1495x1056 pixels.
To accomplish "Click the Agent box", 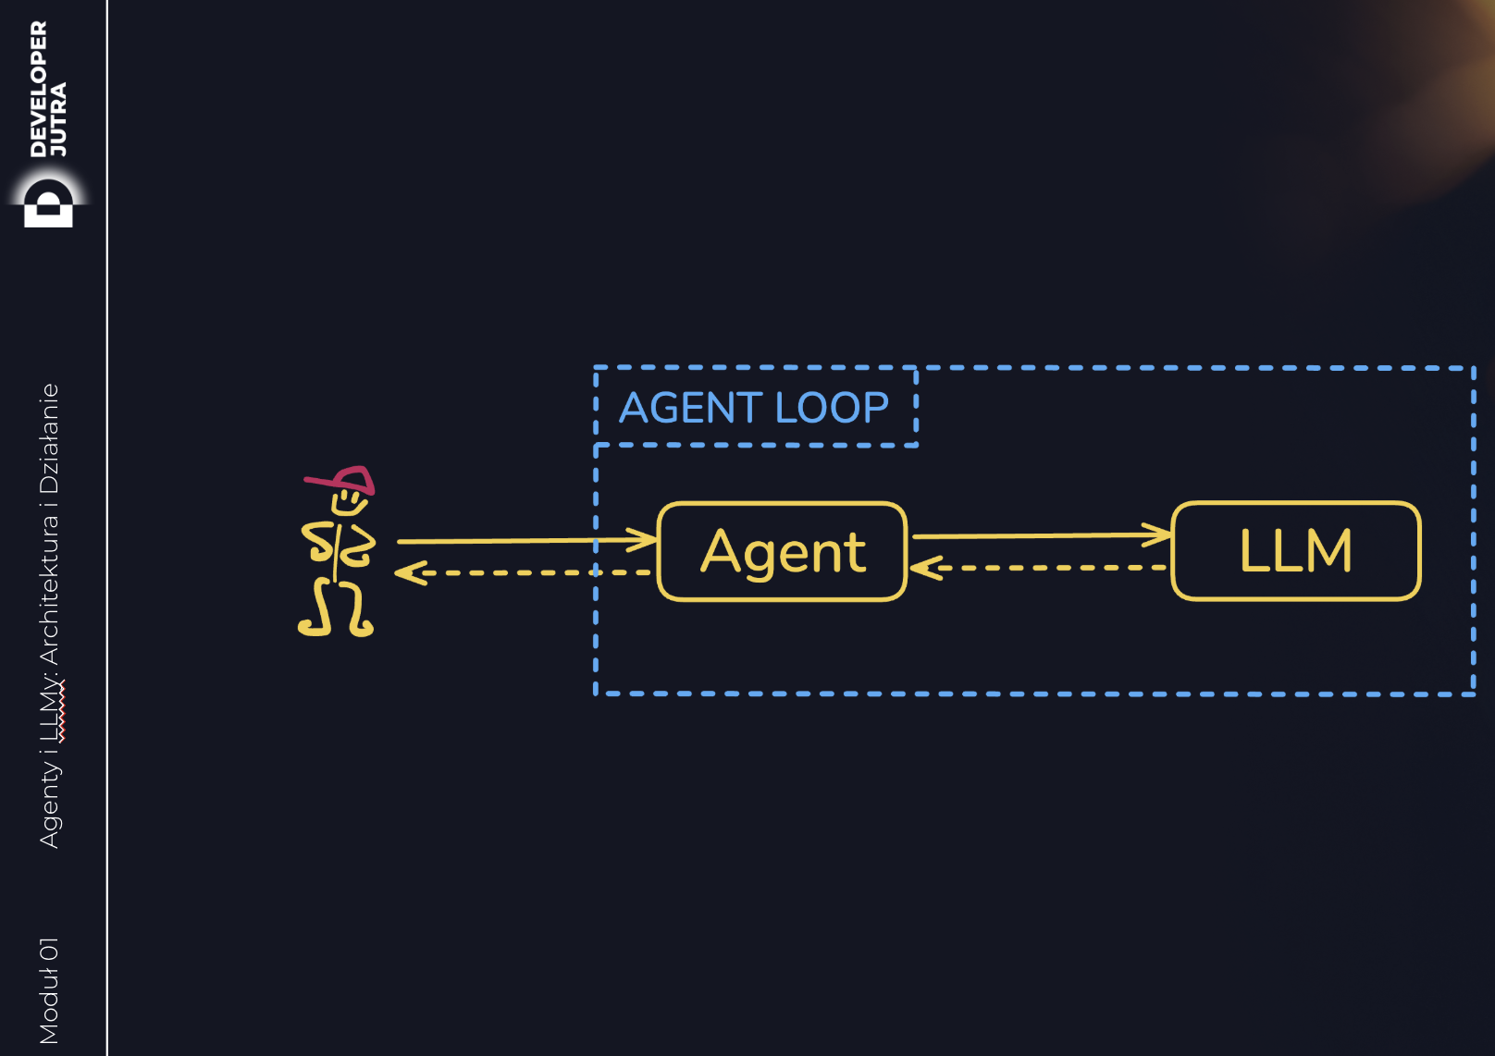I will (x=782, y=552).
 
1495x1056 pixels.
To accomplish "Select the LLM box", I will (x=1295, y=551).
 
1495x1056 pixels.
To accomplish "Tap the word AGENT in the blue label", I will (x=690, y=408).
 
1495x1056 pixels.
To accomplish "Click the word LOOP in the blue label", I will (x=832, y=408).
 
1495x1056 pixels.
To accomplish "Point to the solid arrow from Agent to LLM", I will (x=1041, y=535).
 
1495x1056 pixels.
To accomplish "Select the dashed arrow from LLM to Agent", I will (x=1041, y=568).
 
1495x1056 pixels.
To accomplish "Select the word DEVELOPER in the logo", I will (x=38, y=89).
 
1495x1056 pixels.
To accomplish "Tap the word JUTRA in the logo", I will (x=58, y=118).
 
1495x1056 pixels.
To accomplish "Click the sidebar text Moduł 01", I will (x=49, y=990).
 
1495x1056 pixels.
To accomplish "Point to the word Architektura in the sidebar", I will (x=49, y=590).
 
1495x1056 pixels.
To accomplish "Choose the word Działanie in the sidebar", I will (x=49, y=438).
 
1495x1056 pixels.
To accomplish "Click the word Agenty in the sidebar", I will (x=49, y=807).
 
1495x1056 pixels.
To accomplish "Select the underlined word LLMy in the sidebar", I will (x=51, y=711).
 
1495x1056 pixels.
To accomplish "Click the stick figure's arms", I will (x=339, y=543).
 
